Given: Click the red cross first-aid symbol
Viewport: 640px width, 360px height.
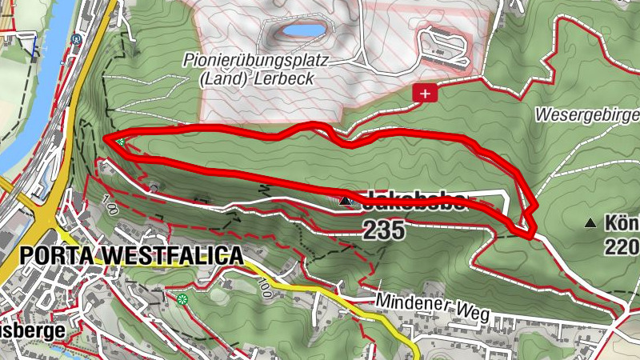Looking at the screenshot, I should click(425, 94).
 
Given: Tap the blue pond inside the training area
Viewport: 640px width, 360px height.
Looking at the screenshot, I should click(301, 31).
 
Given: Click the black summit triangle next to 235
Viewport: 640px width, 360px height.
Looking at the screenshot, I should click(346, 201).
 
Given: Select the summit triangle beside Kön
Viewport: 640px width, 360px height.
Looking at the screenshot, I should click(590, 222).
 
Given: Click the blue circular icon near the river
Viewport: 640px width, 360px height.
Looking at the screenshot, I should click(78, 38).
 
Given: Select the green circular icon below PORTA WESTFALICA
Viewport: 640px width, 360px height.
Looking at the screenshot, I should click(183, 300).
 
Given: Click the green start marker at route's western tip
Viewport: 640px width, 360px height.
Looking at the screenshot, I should click(119, 142).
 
